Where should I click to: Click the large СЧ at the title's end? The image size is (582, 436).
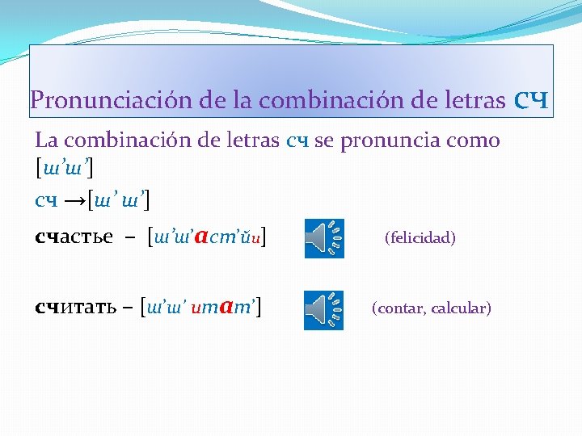(530, 101)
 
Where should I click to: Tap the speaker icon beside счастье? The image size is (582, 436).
(323, 238)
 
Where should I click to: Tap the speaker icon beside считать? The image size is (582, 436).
(323, 310)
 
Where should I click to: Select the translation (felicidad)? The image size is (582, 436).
(420, 238)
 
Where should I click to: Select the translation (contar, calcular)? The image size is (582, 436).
(431, 308)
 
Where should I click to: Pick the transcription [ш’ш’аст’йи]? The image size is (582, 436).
(208, 237)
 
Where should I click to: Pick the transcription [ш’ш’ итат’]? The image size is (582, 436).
(205, 308)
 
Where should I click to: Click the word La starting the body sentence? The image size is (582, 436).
(46, 140)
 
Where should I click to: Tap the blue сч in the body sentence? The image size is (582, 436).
(297, 141)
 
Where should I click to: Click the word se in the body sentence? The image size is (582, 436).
(323, 141)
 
